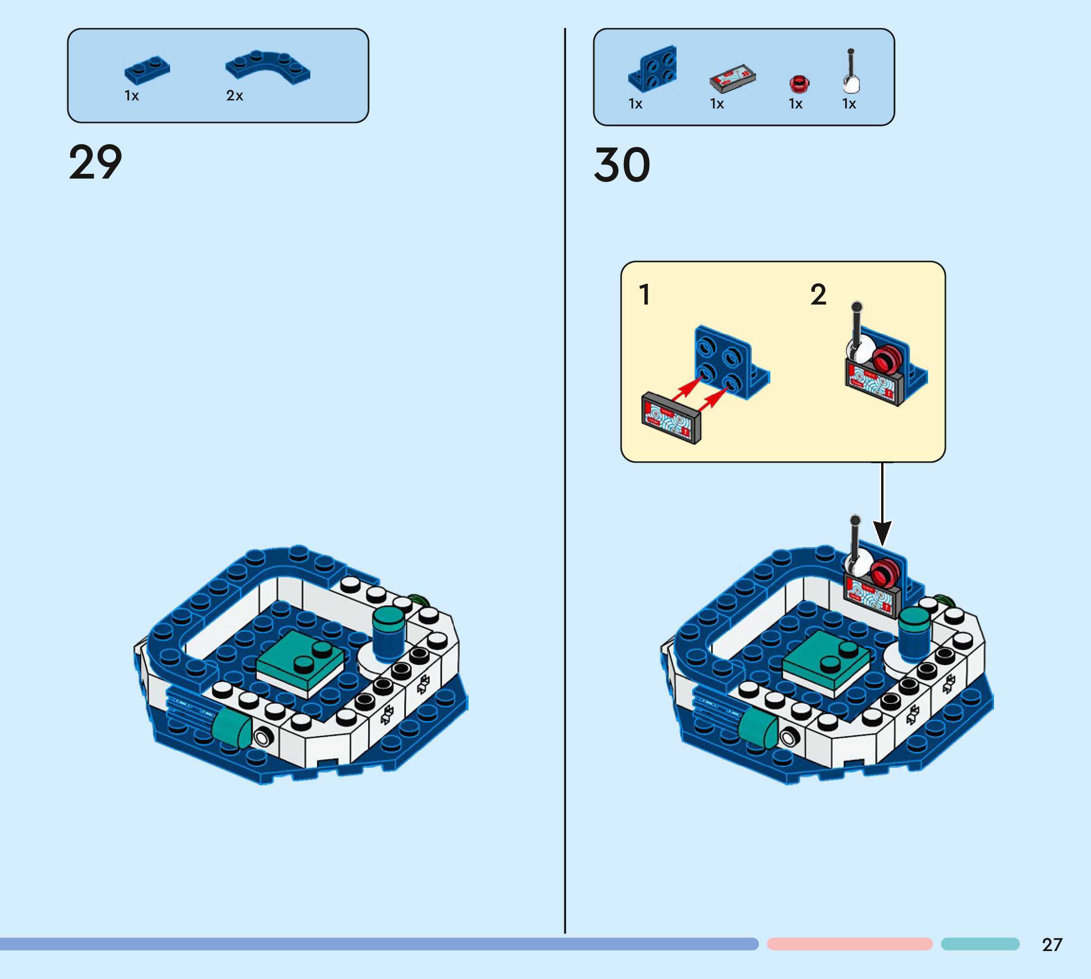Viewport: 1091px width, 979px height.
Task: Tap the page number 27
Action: click(x=1052, y=944)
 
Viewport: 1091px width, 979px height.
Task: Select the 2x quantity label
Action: click(x=234, y=96)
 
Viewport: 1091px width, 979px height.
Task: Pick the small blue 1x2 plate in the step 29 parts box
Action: click(x=147, y=70)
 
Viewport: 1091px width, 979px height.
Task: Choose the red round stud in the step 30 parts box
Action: click(x=799, y=84)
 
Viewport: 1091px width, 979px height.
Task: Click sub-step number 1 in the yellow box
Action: click(x=644, y=295)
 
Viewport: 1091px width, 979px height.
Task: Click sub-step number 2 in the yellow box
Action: click(x=818, y=295)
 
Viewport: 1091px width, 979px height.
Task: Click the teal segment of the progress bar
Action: click(x=980, y=944)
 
